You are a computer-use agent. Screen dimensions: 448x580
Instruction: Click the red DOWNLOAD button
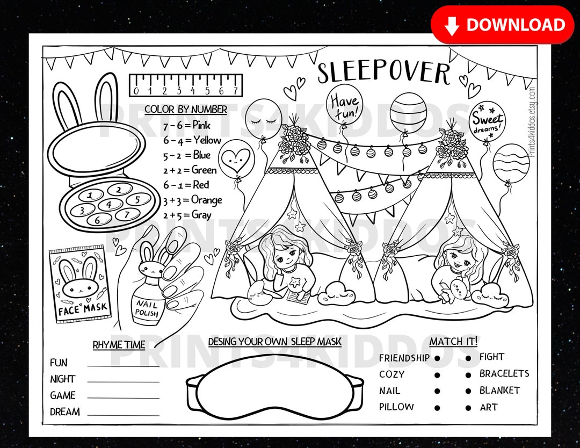[502, 25]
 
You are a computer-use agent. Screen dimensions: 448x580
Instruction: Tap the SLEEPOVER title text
[383, 73]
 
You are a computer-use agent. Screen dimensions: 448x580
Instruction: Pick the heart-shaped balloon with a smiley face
[236, 157]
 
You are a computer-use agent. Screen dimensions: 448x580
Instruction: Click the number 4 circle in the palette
[110, 204]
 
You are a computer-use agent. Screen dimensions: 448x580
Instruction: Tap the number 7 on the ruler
[235, 90]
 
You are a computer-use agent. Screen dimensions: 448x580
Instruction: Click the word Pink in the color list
[201, 126]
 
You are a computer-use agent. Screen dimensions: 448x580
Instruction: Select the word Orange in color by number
[207, 200]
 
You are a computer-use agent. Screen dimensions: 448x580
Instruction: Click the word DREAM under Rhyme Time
[65, 412]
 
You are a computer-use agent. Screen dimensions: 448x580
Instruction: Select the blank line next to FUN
[123, 365]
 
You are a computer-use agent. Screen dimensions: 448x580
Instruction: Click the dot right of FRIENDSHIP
[437, 358]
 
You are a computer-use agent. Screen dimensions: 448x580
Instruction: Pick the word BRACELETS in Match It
[504, 373]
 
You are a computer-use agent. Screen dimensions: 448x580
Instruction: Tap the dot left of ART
[468, 408]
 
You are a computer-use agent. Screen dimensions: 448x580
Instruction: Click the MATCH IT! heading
[453, 341]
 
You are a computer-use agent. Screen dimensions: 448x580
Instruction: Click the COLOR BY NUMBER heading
[186, 110]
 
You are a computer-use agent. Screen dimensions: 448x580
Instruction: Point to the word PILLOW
[396, 407]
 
